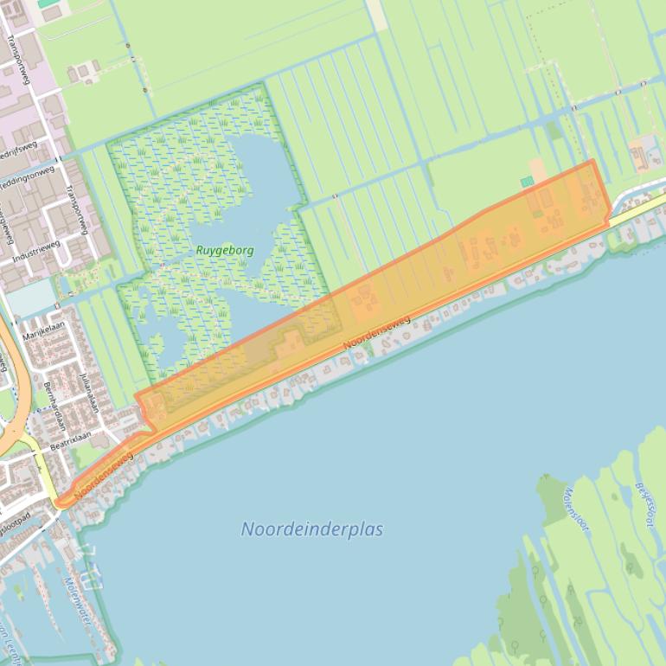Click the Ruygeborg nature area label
(225, 250)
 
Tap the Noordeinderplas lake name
(312, 528)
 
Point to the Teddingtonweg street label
(26, 179)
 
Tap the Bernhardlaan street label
(54, 405)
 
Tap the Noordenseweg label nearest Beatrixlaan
(104, 475)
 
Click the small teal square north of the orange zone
(527, 182)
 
